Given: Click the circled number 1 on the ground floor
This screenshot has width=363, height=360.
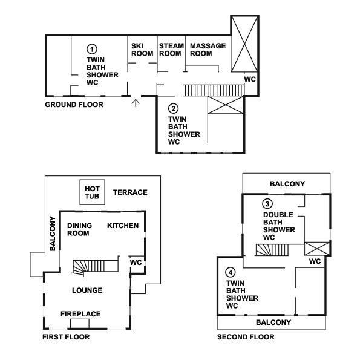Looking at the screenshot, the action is coord(92,49).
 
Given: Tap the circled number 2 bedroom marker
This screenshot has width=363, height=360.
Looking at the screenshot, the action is coord(174,108).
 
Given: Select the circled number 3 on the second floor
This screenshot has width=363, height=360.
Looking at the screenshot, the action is coord(267,204).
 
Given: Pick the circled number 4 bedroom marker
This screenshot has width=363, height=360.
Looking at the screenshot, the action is coord(231,272).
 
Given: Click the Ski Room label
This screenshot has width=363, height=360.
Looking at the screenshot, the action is coord(142,50).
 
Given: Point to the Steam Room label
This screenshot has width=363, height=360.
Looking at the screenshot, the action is coord(171,50).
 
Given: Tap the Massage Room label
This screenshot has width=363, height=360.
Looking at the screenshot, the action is coord(208,50).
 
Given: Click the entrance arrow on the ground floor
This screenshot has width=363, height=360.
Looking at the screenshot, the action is coord(136,103).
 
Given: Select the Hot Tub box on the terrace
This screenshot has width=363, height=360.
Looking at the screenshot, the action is coord(93,192).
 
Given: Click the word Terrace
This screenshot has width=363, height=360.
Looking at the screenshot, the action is coord(130,192).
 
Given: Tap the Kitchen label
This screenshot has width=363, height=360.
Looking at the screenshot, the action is coord(123,226).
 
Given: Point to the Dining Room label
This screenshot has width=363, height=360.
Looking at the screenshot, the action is coord(79,229).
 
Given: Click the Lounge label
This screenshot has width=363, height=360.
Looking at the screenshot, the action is coord(87,290).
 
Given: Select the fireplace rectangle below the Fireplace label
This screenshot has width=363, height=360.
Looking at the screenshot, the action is coord(80,324).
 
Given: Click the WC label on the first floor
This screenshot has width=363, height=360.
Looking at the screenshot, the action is coord(136,263).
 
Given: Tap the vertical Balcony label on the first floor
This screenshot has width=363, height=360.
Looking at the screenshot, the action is coord(53,234).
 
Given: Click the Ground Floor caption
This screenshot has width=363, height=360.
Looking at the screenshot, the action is coord(74,105).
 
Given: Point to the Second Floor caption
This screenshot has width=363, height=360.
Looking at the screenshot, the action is coord(246,337).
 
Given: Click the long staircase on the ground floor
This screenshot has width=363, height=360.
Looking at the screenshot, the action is coord(214,90).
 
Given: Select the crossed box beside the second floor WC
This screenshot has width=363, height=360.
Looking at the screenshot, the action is coord(316,249).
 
